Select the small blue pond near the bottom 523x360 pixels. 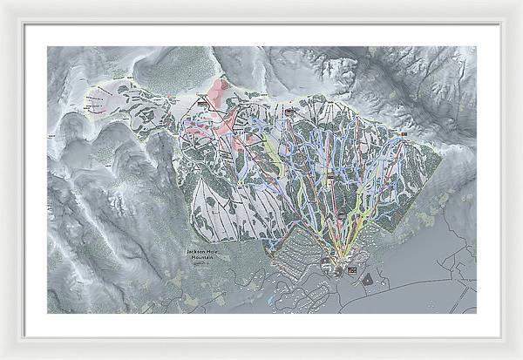276,297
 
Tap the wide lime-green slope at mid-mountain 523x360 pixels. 275,153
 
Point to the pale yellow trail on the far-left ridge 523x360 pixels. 105,87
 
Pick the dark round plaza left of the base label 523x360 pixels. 336,271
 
